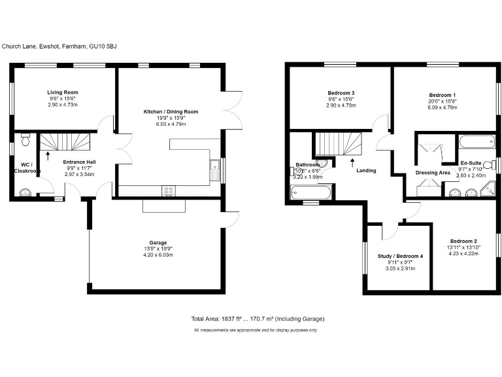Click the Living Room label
(x=63, y=92)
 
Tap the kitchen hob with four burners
(x=169, y=190)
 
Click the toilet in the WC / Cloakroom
(x=25, y=139)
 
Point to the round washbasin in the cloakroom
(x=25, y=192)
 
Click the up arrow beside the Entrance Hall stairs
(x=48, y=157)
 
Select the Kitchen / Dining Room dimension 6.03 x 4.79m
(x=171, y=124)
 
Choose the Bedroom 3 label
(x=341, y=92)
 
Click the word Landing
(x=366, y=171)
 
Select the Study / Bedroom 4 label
(x=401, y=256)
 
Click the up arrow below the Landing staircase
(x=353, y=159)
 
